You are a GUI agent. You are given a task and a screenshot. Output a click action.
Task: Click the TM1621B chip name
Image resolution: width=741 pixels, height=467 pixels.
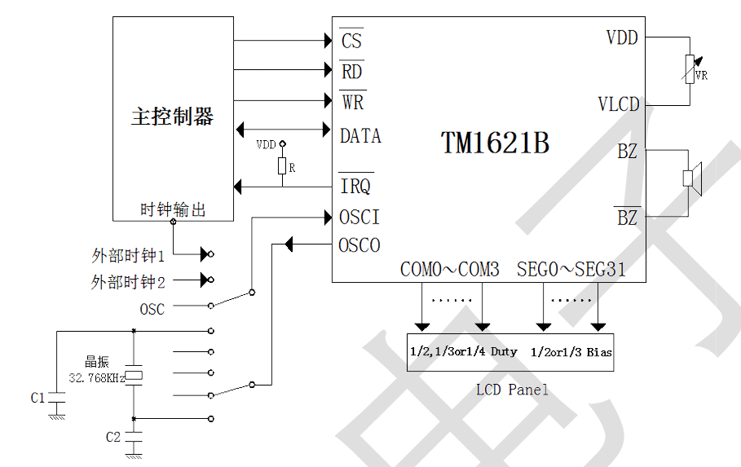coord(495,143)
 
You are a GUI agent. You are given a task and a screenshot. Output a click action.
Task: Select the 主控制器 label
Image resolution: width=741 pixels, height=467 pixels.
coord(172,117)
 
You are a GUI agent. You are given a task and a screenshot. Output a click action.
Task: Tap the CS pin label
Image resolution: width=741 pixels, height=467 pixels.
coord(351,40)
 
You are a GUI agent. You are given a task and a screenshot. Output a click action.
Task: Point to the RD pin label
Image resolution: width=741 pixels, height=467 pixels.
coord(351,72)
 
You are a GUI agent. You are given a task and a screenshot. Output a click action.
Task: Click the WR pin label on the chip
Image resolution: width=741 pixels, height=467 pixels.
coord(352,103)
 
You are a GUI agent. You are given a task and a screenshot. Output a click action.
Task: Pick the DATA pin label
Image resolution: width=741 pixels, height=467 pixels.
coord(360,136)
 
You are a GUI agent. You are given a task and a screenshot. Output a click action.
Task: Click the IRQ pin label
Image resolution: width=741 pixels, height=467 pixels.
coord(355,186)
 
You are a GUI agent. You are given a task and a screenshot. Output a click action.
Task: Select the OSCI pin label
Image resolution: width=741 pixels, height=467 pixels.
coord(359,218)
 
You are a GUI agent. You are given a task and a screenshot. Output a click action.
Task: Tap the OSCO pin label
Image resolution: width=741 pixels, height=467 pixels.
coord(359,245)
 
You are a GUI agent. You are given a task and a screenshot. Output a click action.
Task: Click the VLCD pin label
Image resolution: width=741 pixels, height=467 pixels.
coord(618,105)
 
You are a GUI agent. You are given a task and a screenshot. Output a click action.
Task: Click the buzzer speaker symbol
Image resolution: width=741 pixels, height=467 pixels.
coord(691,177)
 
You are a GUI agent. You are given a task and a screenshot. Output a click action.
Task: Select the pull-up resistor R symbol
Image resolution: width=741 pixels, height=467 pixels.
coord(282,167)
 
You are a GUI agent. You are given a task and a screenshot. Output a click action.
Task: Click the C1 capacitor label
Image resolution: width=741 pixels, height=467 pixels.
coord(37,398)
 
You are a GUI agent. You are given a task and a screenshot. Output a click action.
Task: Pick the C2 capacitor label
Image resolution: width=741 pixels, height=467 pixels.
coord(113,437)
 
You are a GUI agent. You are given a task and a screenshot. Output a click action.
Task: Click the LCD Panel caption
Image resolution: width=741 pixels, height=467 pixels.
coord(512,390)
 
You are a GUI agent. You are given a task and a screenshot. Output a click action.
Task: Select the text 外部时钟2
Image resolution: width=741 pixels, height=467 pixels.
coord(128,282)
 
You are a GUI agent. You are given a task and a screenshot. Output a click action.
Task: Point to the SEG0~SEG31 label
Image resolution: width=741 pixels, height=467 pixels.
coord(571,270)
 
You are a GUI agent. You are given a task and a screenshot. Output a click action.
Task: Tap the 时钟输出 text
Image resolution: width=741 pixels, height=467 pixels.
coord(173,210)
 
